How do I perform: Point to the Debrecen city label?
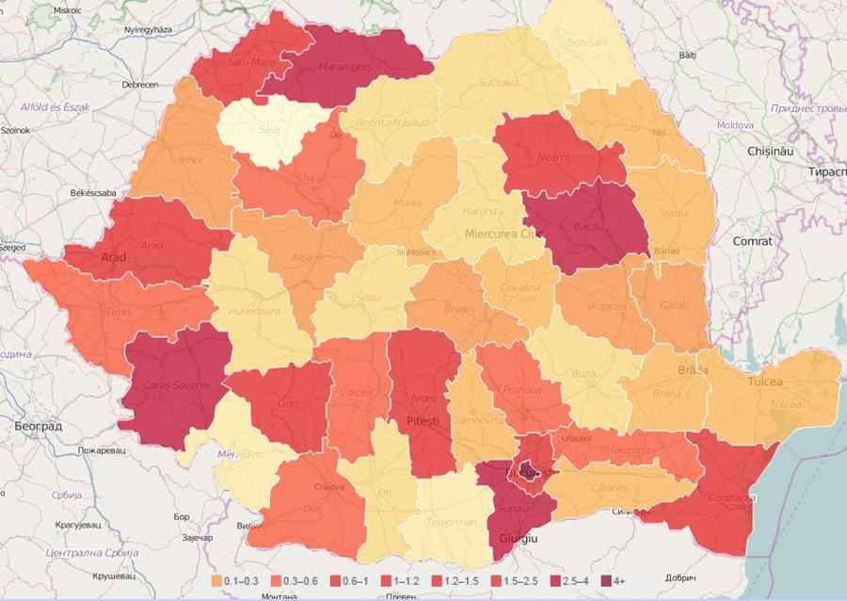tap(139, 85)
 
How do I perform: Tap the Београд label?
tap(39, 427)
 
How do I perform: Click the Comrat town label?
tap(752, 241)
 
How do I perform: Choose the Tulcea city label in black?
tap(765, 383)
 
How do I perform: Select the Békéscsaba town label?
tap(93, 192)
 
